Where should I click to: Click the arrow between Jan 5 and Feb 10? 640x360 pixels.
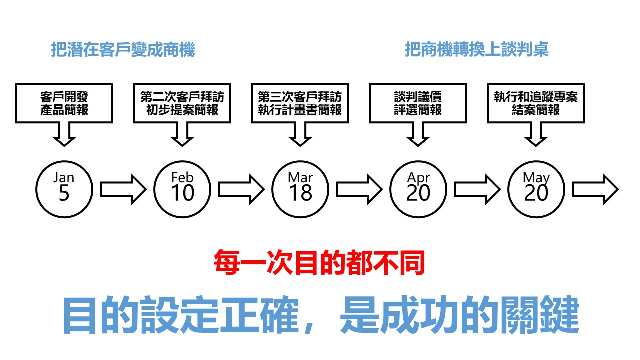tap(123, 189)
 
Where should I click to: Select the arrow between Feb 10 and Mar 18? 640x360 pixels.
tap(241, 189)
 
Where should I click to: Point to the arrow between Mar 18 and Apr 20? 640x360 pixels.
tap(359, 189)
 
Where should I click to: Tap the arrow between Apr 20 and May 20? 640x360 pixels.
tap(477, 189)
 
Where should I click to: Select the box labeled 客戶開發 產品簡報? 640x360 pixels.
tap(64, 103)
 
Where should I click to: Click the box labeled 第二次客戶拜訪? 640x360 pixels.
tap(182, 103)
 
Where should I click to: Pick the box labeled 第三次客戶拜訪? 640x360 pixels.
tap(300, 103)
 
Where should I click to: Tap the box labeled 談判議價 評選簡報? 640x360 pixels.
tap(418, 103)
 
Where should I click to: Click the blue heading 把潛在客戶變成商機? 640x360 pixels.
tap(123, 50)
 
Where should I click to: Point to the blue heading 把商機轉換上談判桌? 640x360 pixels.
tap(477, 50)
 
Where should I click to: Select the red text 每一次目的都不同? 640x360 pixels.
tap(319, 263)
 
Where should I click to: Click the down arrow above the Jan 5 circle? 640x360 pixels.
tap(64, 134)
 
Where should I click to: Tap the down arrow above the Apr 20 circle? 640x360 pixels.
tap(418, 134)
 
